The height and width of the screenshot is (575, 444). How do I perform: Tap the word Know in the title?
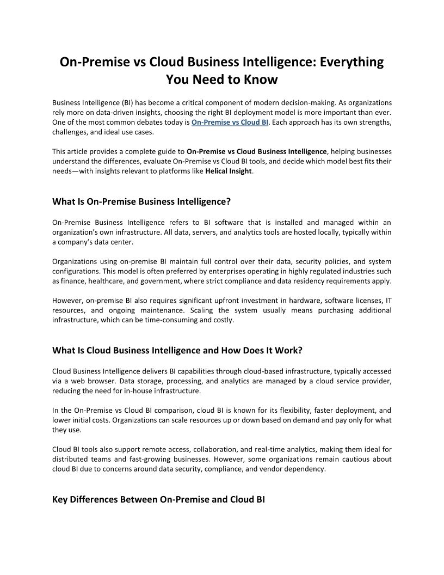(261, 79)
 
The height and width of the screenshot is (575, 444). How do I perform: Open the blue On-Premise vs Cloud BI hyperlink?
(230, 122)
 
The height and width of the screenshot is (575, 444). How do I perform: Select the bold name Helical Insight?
(229, 171)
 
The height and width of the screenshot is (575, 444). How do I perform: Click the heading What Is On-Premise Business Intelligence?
(141, 201)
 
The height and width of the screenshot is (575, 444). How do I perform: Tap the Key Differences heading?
(158, 499)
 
